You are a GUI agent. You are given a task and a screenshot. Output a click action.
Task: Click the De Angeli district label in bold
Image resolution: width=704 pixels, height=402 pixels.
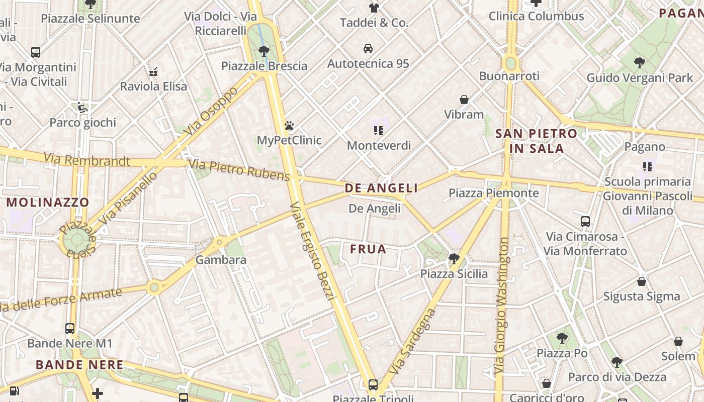(x=381, y=188)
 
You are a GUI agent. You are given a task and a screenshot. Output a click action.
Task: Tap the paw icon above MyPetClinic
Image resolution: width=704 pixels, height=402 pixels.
(x=289, y=126)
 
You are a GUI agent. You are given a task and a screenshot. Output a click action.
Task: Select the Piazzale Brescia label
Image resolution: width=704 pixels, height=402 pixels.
(x=264, y=66)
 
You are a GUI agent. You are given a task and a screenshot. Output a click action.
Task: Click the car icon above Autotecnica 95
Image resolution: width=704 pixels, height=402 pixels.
(x=368, y=49)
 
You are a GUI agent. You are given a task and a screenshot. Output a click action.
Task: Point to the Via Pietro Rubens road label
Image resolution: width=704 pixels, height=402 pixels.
(x=239, y=169)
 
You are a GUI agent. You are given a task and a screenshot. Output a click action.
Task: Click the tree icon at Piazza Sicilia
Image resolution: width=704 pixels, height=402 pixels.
(x=454, y=259)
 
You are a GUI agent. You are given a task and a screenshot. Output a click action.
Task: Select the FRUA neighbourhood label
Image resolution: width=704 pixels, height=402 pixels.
(x=368, y=249)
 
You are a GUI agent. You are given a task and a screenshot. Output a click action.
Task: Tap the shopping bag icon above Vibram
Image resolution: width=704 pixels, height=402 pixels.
(x=464, y=99)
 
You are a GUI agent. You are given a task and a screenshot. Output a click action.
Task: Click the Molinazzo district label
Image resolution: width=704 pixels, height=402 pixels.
(x=48, y=203)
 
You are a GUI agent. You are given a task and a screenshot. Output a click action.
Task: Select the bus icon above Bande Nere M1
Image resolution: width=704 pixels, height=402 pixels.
(x=70, y=329)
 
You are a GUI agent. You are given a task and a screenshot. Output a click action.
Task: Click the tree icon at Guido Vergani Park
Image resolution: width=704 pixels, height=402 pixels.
(x=640, y=63)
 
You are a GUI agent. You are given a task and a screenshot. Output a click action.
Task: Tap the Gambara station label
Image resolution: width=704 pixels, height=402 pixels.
(x=221, y=260)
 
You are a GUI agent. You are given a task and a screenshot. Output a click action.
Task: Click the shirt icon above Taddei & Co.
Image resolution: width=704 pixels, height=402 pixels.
(x=374, y=8)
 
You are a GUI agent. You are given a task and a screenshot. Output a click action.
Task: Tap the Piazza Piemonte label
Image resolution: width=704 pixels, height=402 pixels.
(x=493, y=193)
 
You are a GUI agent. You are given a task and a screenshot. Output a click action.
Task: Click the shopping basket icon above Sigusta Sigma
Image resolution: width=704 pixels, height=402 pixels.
(x=642, y=281)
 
